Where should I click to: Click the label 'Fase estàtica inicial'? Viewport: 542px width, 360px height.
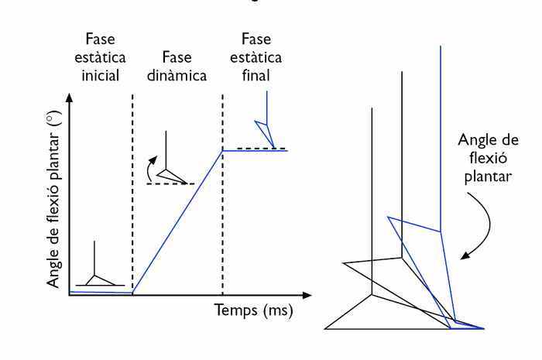click(101, 57)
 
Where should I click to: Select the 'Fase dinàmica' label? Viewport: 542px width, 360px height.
click(177, 67)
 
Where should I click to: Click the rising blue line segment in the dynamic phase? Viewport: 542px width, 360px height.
click(178, 221)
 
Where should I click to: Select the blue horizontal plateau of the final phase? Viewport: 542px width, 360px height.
click(255, 150)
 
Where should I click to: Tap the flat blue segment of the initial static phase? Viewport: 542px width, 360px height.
click(101, 292)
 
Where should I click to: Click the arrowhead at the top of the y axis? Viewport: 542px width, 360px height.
click(70, 98)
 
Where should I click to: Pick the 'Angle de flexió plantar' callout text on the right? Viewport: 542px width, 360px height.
click(487, 158)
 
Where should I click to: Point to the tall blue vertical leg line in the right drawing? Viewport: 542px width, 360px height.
click(441, 139)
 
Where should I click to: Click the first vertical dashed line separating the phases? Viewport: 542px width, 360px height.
click(132, 194)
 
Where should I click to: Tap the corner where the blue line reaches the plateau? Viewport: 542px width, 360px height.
click(222, 150)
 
